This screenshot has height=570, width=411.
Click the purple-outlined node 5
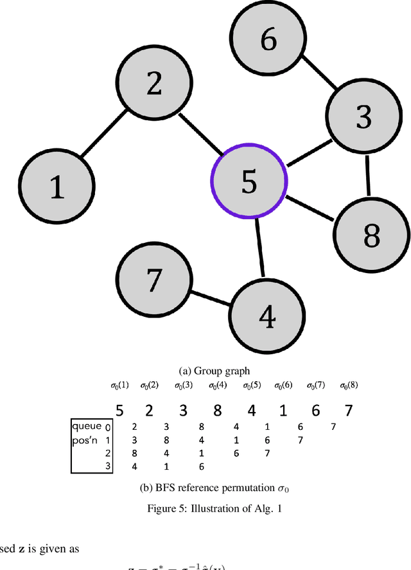pyautogui.click(x=249, y=182)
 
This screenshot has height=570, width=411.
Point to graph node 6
pyautogui.click(x=268, y=40)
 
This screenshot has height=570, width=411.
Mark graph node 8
pyautogui.click(x=371, y=235)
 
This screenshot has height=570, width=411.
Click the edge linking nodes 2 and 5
pyautogui.click(x=200, y=135)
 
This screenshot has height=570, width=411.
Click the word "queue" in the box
pyautogui.click(x=87, y=425)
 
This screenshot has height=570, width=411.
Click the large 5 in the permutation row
pyautogui.click(x=118, y=410)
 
